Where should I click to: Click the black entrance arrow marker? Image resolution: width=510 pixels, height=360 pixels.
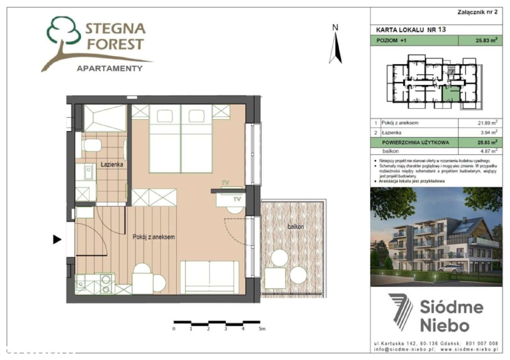[x=57, y=239]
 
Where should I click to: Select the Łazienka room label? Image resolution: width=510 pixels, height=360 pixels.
[x=112, y=164]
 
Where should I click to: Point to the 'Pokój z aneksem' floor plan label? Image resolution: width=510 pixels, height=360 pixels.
[x=154, y=237]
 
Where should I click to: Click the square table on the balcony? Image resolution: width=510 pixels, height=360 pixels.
[x=275, y=278]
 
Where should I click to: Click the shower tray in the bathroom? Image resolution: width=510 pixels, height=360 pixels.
[x=104, y=118]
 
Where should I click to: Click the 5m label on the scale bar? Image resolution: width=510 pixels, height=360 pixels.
[x=262, y=329]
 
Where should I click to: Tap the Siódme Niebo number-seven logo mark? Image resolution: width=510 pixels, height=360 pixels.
[x=401, y=312]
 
